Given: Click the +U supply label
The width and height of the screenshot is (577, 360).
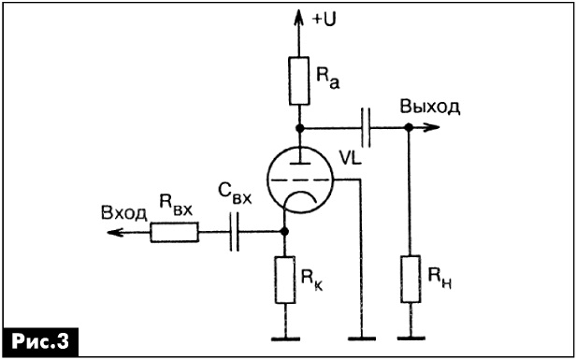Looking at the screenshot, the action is pyautogui.click(x=325, y=20).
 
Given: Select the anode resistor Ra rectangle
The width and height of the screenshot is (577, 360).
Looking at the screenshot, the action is pyautogui.click(x=299, y=81).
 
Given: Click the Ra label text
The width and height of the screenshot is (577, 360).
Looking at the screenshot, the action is pyautogui.click(x=327, y=79).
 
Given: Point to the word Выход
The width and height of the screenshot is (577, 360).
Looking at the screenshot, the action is pyautogui.click(x=430, y=107).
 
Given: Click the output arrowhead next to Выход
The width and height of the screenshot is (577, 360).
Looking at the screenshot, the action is pyautogui.click(x=430, y=128).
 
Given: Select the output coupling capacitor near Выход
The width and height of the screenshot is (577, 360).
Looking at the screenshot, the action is pyautogui.click(x=366, y=128).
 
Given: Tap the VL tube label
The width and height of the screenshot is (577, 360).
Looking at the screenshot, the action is pyautogui.click(x=351, y=158).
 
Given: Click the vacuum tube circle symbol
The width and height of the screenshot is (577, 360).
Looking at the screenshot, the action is pyautogui.click(x=267, y=180).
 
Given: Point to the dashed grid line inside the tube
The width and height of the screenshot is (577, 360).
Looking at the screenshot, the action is pyautogui.click(x=299, y=180).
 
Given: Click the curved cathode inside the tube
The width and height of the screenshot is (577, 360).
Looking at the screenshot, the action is pyautogui.click(x=301, y=193).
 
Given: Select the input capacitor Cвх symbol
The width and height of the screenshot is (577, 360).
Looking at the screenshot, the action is pyautogui.click(x=235, y=232).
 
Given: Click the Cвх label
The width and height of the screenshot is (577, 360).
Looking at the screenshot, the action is pyautogui.click(x=235, y=194).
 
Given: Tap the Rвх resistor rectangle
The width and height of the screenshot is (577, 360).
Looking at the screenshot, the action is pyautogui.click(x=175, y=232).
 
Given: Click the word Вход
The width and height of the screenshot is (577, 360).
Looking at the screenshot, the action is pyautogui.click(x=124, y=214).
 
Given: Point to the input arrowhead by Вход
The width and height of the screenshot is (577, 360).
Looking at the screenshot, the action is pyautogui.click(x=115, y=232).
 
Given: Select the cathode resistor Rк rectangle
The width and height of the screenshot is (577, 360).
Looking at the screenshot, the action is pyautogui.click(x=285, y=280).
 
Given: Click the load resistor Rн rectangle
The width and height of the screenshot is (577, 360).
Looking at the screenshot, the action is pyautogui.click(x=411, y=279).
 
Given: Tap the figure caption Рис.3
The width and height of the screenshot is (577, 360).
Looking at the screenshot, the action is pyautogui.click(x=40, y=341).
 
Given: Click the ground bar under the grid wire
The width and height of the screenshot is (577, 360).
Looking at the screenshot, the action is pyautogui.click(x=362, y=338).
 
